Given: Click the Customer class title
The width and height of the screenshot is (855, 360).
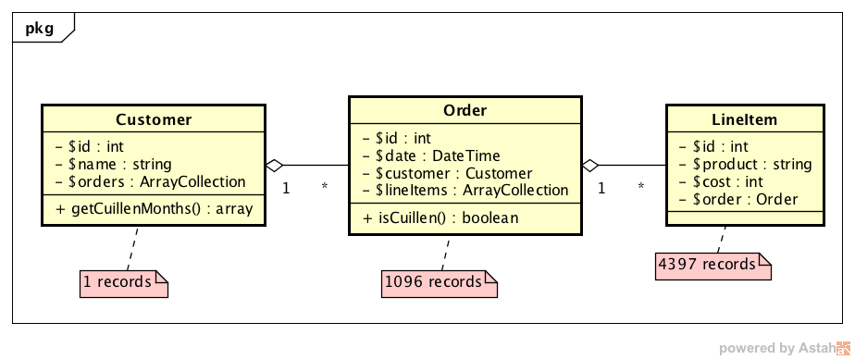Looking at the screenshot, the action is tap(154, 119).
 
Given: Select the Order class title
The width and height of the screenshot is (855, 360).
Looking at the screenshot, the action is tap(465, 111).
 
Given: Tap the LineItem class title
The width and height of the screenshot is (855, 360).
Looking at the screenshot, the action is tap(744, 119).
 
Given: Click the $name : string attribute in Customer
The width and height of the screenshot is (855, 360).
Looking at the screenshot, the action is tap(114, 164).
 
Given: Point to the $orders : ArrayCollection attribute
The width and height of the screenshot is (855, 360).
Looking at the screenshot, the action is tap(151, 181).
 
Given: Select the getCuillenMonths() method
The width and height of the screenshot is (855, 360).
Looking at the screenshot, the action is tap(155, 208).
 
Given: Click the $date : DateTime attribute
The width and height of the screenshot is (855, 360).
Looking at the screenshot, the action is tap(431, 156).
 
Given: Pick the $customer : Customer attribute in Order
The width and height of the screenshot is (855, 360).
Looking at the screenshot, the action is tap(447, 173).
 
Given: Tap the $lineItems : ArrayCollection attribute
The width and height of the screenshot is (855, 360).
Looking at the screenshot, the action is tap(465, 190).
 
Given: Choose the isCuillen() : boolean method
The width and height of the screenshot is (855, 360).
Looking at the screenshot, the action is tap(440, 217).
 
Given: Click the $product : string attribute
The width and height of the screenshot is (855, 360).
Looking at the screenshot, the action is tap(746, 164).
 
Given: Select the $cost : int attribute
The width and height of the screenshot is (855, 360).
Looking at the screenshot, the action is tap(721, 181).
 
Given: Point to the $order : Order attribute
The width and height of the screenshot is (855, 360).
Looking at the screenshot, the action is tap(738, 200).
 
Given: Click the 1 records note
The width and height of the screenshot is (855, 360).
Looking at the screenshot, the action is tap(124, 283).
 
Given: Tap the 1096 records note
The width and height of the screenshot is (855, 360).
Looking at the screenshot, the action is tap(440, 283).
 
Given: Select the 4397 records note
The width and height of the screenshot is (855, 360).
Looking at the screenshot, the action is tap(713, 267).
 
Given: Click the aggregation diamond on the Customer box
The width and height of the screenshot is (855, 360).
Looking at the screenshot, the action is tap(274, 165).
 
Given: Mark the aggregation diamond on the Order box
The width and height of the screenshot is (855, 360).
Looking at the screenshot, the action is tap(590, 165).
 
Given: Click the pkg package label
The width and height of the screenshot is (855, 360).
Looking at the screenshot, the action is tap(40, 28).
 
